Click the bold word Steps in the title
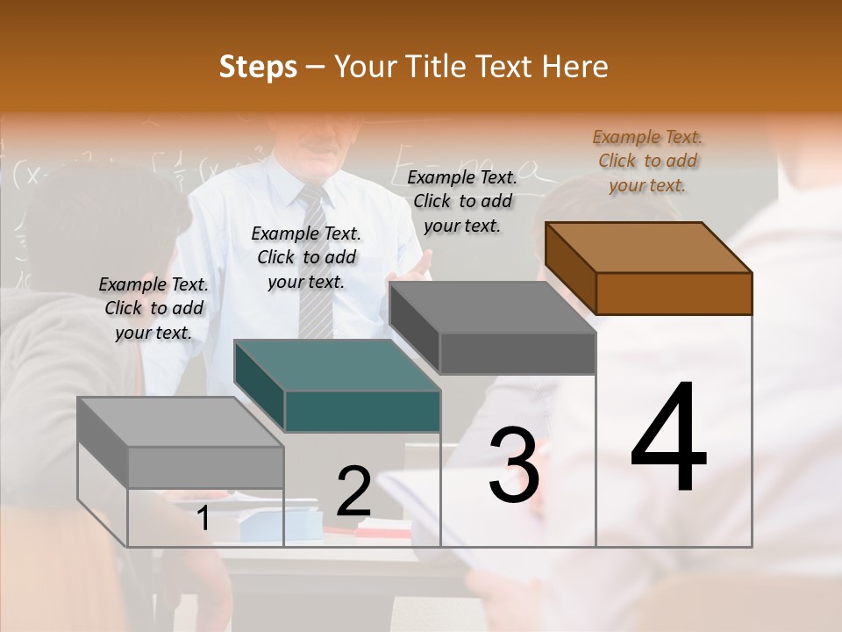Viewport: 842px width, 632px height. click(x=258, y=67)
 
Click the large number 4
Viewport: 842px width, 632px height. click(x=668, y=439)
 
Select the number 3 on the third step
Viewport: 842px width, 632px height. click(x=513, y=465)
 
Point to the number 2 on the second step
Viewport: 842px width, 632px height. click(x=353, y=492)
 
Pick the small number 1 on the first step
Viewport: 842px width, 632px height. click(x=203, y=519)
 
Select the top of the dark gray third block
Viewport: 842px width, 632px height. click(x=491, y=307)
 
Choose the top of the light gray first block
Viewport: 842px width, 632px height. click(x=180, y=421)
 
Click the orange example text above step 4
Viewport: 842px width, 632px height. click(x=647, y=161)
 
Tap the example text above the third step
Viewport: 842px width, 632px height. click(x=462, y=201)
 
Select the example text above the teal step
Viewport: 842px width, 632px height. click(x=306, y=257)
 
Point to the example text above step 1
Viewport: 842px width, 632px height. click(x=153, y=308)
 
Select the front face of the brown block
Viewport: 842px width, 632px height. click(x=674, y=293)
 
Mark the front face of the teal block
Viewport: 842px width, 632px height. click(x=362, y=411)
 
